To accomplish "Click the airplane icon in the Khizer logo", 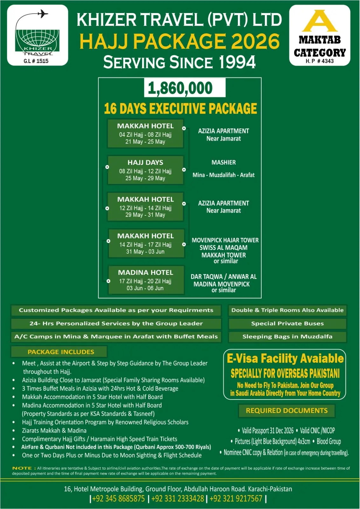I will coord(43,14).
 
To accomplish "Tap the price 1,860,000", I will coord(180,88).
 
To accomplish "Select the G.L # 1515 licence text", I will coord(36,61).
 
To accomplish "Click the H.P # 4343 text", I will coord(320,61).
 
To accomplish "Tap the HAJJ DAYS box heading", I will coord(145,163).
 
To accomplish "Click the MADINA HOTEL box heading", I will coord(146,273).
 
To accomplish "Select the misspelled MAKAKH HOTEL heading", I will coord(146,236).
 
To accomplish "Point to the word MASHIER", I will coord(224,163).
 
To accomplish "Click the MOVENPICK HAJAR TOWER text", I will coord(225,240).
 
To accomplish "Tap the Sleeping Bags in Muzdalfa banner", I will coord(287,337).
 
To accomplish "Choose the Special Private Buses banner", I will coord(287,324).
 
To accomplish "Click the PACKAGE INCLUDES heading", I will coord(61,352).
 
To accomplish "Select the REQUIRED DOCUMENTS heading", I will coord(287,411).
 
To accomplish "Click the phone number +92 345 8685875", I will coord(118,499).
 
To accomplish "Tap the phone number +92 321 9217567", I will coord(236,499).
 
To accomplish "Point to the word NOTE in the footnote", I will coord(22,468).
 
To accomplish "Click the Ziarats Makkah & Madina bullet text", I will coord(54,430).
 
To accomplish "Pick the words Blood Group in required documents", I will coord(329,442).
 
